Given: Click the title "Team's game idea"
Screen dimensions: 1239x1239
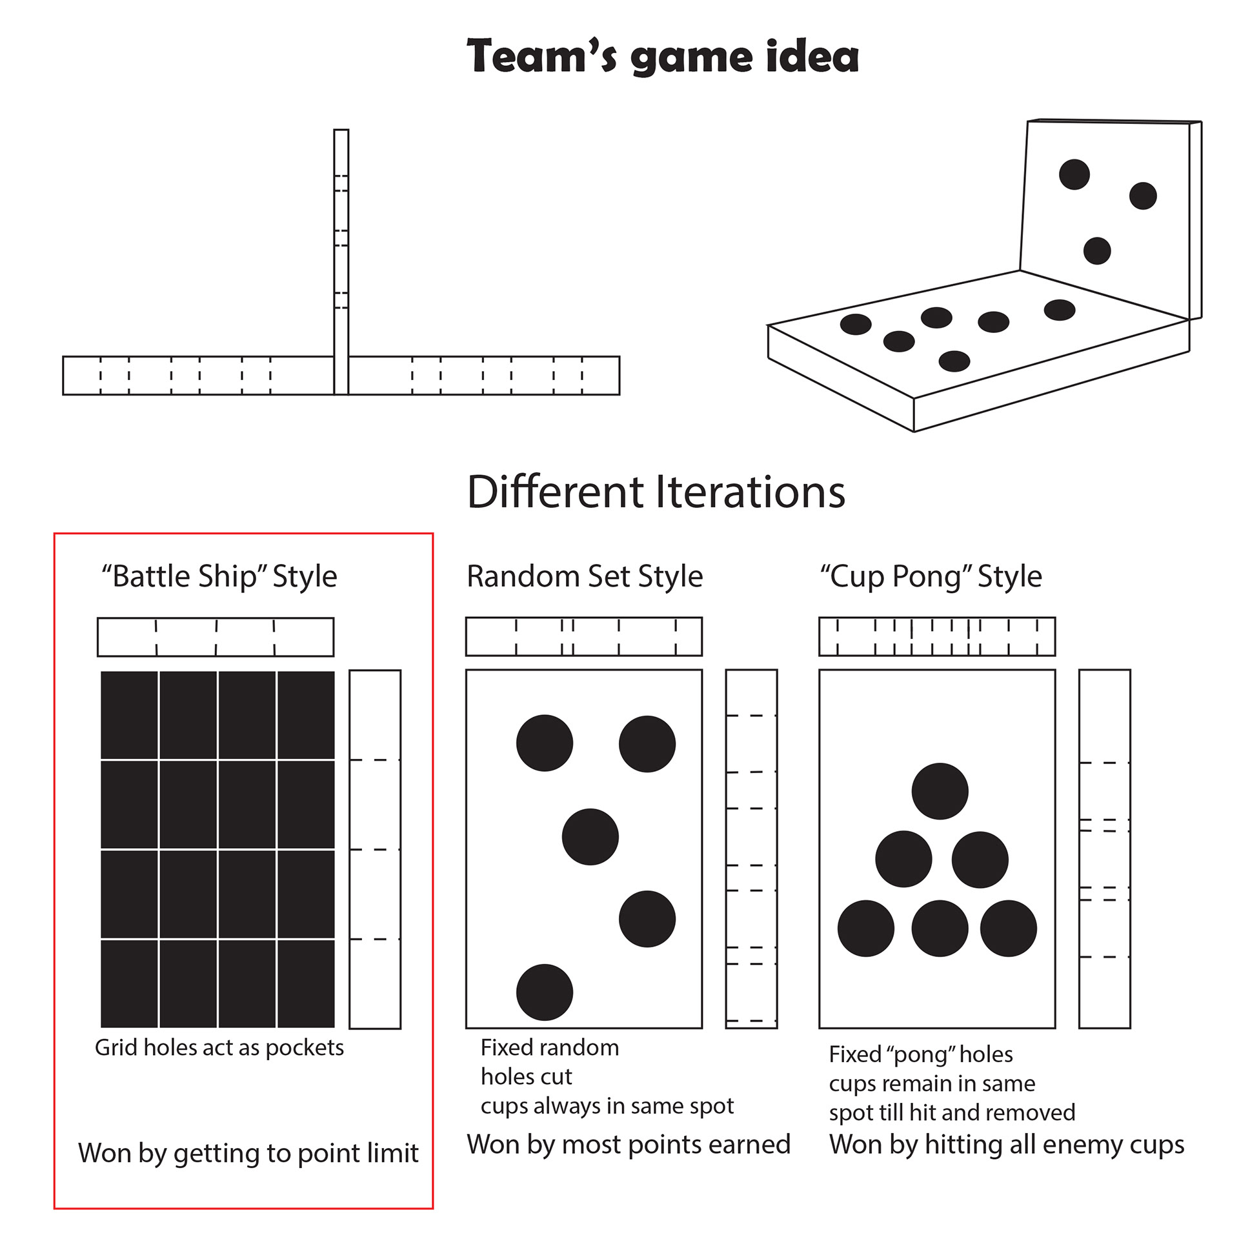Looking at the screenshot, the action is (x=662, y=57).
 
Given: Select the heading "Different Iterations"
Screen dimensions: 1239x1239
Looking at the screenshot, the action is (x=656, y=493).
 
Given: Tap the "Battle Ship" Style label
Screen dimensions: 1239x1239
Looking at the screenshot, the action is (x=219, y=576).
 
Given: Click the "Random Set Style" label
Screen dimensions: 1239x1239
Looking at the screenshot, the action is (x=585, y=576).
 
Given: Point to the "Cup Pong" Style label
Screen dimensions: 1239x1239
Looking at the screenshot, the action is (x=931, y=576).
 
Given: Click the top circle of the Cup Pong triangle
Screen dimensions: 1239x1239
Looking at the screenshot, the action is (x=940, y=791).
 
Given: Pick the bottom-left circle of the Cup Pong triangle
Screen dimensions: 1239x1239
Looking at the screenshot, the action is (x=865, y=929).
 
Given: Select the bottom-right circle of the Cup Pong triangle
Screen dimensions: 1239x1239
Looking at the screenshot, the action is (x=1008, y=929).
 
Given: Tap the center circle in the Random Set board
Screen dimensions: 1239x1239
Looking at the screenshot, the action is (x=590, y=837).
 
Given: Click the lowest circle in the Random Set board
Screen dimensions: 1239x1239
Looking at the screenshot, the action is (x=544, y=992).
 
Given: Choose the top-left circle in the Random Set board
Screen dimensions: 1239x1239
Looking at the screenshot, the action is (x=544, y=743).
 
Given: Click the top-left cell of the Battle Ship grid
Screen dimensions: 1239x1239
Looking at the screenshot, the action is (x=129, y=715).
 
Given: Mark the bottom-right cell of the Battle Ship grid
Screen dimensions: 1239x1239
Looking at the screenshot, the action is (x=306, y=983).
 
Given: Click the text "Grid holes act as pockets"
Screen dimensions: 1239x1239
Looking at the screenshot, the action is (x=219, y=1048).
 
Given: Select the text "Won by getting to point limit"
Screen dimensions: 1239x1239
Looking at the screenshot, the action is (x=248, y=1153).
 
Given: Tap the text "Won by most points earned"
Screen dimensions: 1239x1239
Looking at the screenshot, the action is (x=629, y=1145).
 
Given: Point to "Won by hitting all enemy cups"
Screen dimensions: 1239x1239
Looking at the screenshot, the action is (x=1007, y=1145).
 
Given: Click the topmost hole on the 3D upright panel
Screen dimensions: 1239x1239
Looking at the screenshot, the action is (x=1074, y=174).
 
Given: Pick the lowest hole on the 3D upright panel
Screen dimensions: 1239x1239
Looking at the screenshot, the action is (x=1096, y=250).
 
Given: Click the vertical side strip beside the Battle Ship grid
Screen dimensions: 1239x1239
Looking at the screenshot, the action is (x=375, y=849).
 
